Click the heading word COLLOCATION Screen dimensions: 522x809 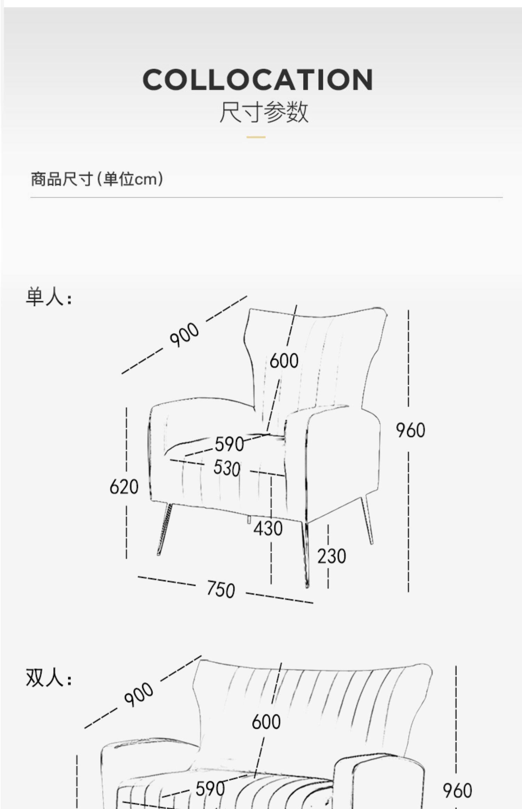click(258, 80)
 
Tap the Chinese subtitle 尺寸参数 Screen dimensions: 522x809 click(264, 112)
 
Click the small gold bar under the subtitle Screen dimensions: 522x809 click(256, 137)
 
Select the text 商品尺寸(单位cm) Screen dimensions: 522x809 click(97, 179)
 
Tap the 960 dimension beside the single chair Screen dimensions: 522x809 click(410, 430)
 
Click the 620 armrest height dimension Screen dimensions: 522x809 click(124, 486)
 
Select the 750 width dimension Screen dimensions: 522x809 click(221, 589)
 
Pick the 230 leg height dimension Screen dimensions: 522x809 click(331, 556)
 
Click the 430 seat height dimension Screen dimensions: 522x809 click(268, 528)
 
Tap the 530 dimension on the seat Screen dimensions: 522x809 click(227, 468)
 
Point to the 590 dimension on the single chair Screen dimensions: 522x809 click(229, 444)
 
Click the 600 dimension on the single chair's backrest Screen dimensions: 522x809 click(284, 360)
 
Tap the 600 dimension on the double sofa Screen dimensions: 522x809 click(266, 721)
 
